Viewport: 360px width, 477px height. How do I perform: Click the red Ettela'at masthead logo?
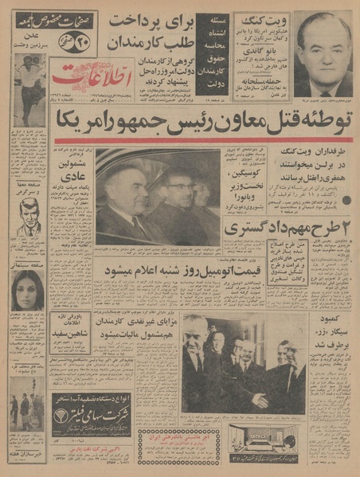click(x=76, y=80)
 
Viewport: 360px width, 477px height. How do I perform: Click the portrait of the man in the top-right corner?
click(x=322, y=52)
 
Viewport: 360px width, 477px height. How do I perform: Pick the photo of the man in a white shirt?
click(x=29, y=84)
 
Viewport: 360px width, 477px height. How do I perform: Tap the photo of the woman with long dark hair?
click(x=28, y=291)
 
